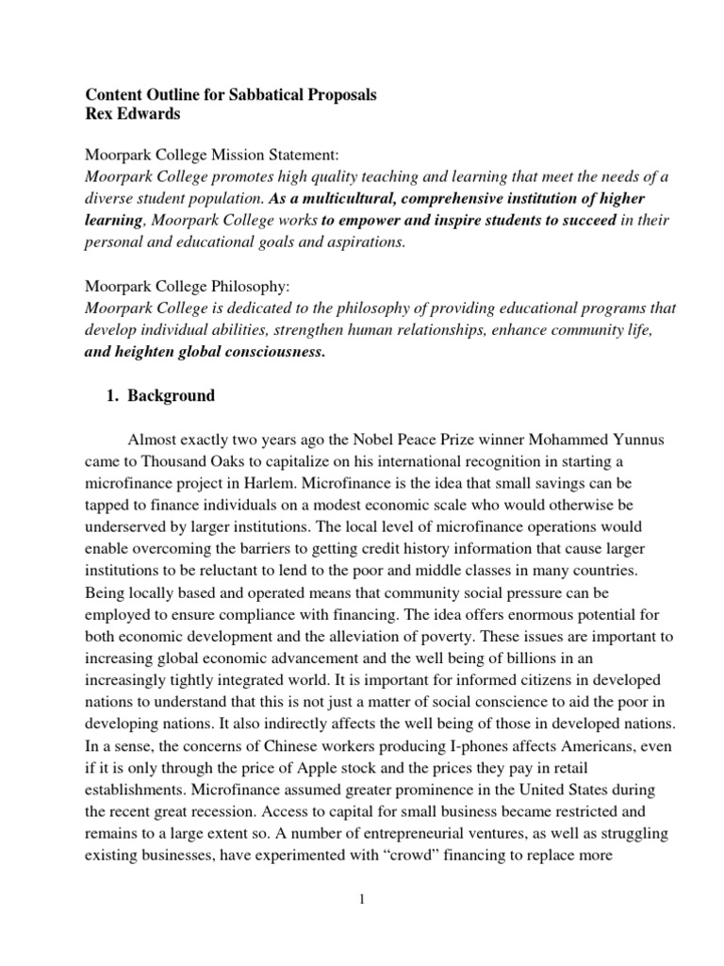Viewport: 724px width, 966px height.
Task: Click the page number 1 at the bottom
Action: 361,899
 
